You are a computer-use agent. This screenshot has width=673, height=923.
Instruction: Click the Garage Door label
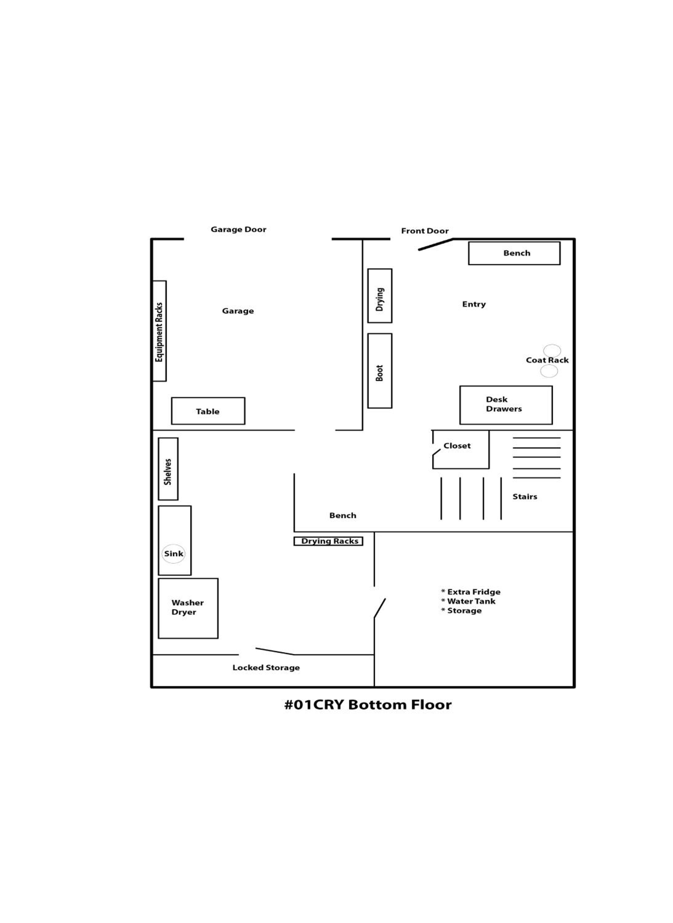point(238,230)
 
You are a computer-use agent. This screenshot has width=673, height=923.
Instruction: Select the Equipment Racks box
point(159,331)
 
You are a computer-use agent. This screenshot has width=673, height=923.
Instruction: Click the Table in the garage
point(208,411)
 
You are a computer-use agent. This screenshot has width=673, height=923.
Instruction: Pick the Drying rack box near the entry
point(380,296)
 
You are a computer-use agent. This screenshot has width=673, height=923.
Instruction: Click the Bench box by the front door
point(514,253)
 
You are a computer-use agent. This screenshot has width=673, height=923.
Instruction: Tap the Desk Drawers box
point(506,405)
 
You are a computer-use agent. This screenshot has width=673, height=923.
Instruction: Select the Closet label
point(457,446)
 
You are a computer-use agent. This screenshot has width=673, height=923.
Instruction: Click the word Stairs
point(525,497)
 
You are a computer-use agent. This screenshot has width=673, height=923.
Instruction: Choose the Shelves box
point(168,469)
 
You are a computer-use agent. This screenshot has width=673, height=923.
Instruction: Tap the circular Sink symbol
point(174,554)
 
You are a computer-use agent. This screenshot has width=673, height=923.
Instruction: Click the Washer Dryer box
point(188,608)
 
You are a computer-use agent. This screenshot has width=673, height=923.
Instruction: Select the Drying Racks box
point(328,541)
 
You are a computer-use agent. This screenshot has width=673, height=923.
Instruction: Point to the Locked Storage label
point(266,668)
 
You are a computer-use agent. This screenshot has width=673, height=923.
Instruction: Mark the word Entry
point(474,304)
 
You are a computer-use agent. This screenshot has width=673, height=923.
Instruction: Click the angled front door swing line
point(436,245)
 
